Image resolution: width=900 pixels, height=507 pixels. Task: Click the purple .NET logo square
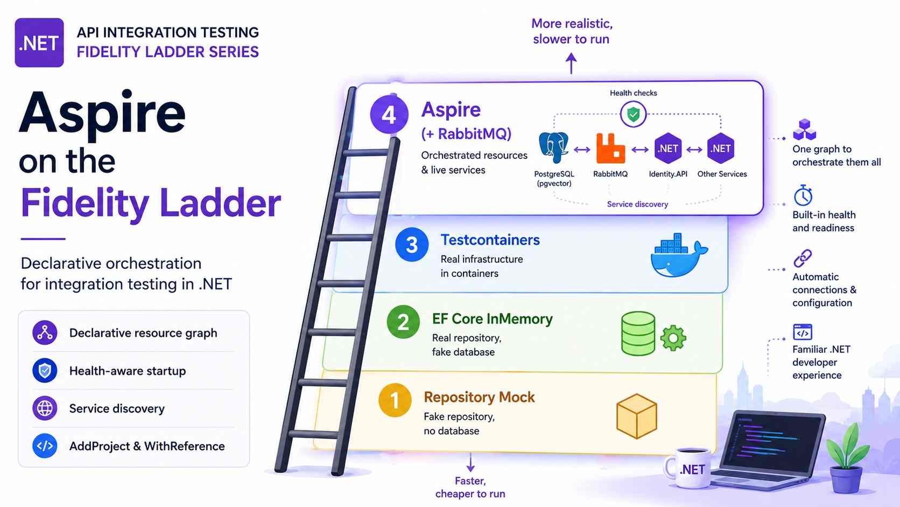[x=39, y=43]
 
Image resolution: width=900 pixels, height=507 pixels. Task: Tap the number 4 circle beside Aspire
[x=389, y=114]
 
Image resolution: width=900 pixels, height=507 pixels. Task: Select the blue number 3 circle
[x=412, y=244]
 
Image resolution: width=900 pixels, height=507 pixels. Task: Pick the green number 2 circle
[x=403, y=322]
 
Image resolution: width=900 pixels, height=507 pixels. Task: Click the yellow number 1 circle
[x=395, y=400]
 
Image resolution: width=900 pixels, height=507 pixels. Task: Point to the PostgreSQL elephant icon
[x=553, y=148]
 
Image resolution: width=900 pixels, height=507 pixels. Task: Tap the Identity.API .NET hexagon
[x=668, y=148]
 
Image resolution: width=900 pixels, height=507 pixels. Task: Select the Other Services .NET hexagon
[x=720, y=148]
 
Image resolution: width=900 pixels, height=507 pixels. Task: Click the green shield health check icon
[x=633, y=115]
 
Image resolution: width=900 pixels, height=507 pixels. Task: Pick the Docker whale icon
[x=679, y=255]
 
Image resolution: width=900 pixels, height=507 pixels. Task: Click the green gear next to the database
[x=673, y=338]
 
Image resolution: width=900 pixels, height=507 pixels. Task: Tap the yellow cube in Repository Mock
[x=637, y=416]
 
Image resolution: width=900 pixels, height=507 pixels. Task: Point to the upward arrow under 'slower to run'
[x=571, y=64]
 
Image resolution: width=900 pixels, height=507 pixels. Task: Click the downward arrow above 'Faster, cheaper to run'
[x=470, y=462]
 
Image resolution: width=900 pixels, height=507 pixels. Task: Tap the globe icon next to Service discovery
[x=45, y=408]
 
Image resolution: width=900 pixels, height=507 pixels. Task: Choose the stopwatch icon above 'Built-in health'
[x=803, y=196]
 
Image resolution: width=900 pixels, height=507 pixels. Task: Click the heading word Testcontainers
[x=490, y=240]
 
